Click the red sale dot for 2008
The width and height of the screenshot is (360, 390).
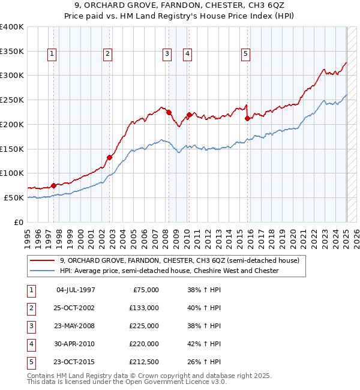169,112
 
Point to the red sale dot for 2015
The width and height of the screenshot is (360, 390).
247,118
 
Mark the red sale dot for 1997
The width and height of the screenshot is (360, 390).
54,185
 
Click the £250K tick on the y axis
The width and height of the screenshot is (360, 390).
12,100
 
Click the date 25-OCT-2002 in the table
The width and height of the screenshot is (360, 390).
75,308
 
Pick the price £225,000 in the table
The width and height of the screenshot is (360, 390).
144,326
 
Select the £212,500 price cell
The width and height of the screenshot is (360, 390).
144,362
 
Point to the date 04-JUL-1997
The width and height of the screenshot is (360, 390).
75,290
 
